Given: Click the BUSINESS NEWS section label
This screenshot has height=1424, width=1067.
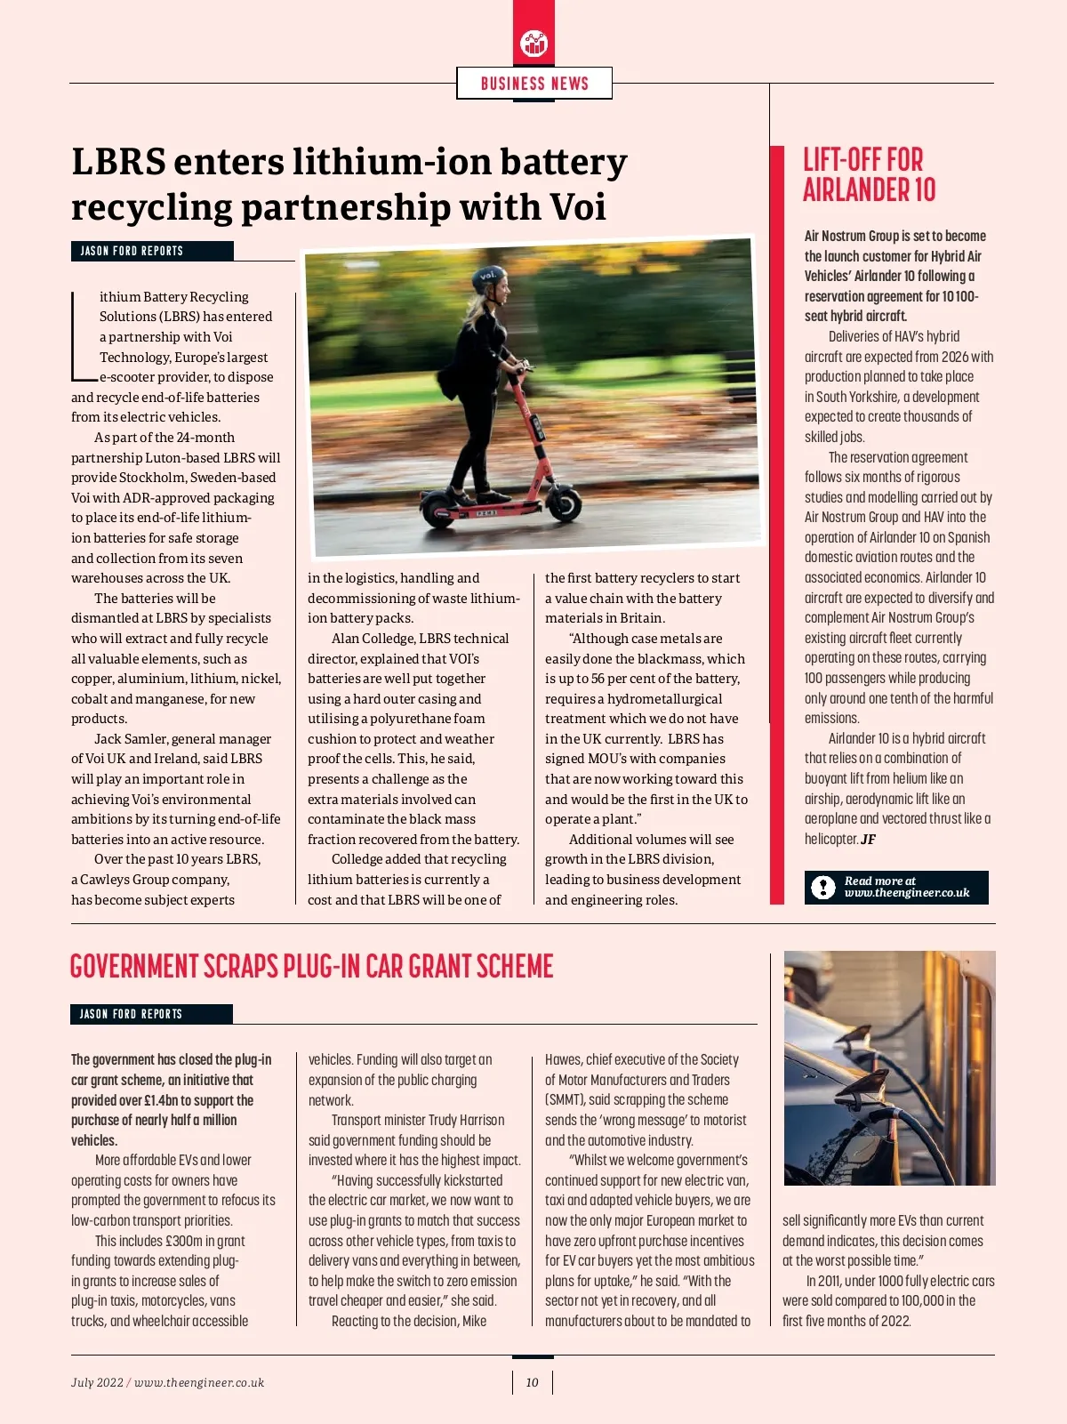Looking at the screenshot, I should pos(534,84).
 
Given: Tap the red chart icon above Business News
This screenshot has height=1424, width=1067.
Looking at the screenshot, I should pos(533,42).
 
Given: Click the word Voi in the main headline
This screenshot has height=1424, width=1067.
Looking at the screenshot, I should pos(578,207).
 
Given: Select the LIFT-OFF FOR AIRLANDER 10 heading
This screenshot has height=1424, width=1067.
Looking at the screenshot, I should pos(869,175).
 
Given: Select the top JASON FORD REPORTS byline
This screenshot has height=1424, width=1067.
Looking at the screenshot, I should pos(151,251).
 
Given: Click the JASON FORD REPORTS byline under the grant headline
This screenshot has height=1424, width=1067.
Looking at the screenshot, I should pos(150,1014).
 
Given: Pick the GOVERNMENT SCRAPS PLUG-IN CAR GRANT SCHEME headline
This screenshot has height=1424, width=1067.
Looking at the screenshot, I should pos(311,967).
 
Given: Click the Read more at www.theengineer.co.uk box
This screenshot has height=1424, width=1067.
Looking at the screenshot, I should pos(896,887).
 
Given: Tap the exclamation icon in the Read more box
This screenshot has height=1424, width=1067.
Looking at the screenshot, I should pos(824,887).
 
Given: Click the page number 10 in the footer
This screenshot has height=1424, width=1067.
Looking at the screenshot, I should pos(532,1382).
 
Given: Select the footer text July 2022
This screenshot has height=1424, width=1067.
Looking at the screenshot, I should pos(97,1382).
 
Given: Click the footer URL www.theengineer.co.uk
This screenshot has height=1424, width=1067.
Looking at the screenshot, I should pos(199,1382).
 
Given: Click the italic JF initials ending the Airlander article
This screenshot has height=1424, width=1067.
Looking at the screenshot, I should pos(868,839).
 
